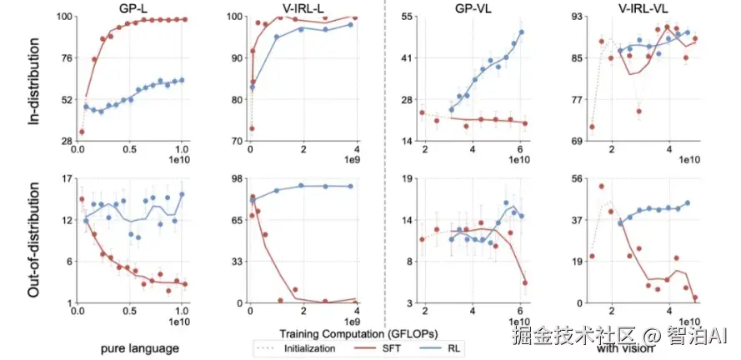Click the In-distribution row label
[x=35, y=79]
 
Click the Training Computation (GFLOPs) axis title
[x=333, y=332]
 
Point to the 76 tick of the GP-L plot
[x=59, y=58]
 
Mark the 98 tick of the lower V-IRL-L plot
[x=231, y=179]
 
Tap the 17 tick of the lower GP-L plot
[x=59, y=179]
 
